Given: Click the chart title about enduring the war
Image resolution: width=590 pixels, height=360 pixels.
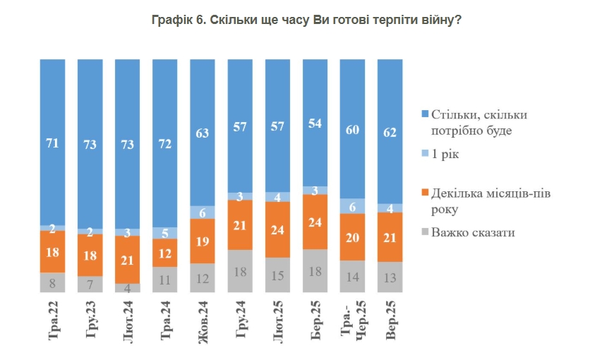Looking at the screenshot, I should coord(306,20).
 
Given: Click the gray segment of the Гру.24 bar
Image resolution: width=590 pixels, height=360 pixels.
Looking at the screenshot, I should coord(240,270).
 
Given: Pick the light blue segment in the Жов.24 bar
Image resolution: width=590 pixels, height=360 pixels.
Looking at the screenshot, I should coord(203,212).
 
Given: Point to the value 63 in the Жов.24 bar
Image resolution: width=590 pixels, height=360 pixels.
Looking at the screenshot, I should coord(203,132).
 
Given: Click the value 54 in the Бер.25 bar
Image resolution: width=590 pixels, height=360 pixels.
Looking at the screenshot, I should coord(315,122).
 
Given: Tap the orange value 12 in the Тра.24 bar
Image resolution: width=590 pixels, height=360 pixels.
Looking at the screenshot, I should coord(165,252).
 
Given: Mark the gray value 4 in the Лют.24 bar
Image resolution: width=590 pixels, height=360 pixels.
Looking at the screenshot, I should coord(128,287).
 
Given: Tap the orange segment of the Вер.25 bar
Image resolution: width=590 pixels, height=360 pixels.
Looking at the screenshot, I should coord(390,237).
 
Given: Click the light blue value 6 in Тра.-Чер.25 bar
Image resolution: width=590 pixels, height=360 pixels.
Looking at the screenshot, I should coord(352,205).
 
